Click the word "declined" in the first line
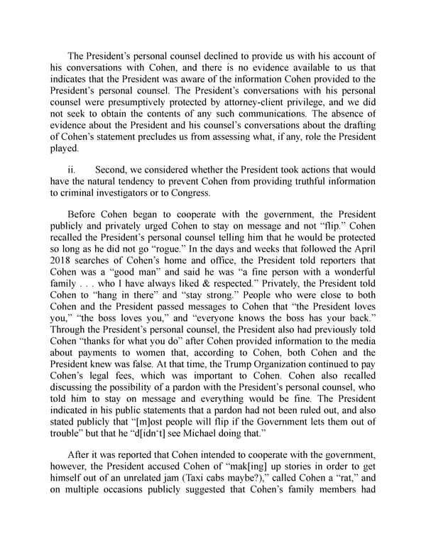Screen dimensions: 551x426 click(214, 56)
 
